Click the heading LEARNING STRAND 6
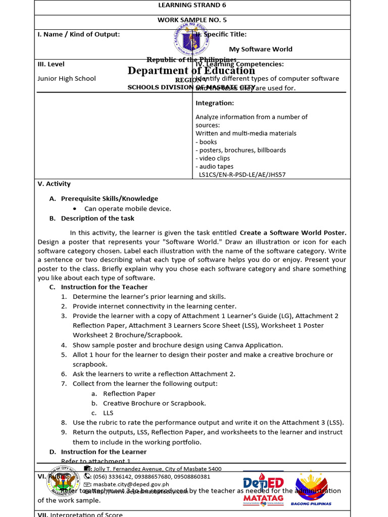click(192, 6)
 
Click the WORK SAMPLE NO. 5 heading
click(192, 20)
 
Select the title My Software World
click(261, 49)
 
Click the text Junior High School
click(67, 79)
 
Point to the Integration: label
click(215, 103)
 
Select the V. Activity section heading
click(54, 184)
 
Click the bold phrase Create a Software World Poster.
click(293, 233)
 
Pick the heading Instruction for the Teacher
click(105, 287)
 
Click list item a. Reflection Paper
click(129, 393)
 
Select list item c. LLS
click(108, 412)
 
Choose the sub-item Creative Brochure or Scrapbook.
click(154, 403)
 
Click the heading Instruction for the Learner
click(104, 451)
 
